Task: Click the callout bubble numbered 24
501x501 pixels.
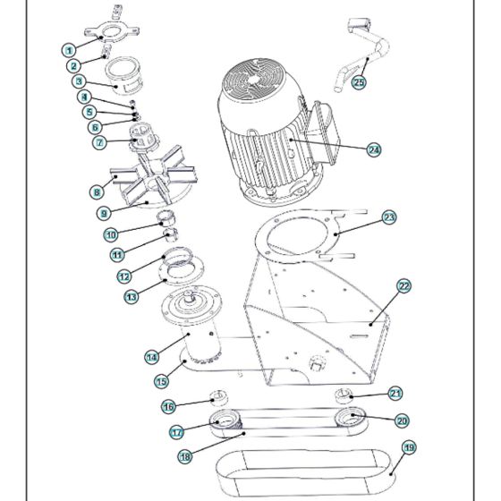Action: [374, 150]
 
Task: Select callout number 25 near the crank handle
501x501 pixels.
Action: [359, 82]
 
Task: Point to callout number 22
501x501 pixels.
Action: [403, 285]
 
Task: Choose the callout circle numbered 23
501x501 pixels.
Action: [389, 217]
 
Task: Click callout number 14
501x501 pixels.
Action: [152, 357]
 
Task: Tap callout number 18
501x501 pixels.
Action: [185, 456]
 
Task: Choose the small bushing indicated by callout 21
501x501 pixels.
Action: [342, 396]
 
